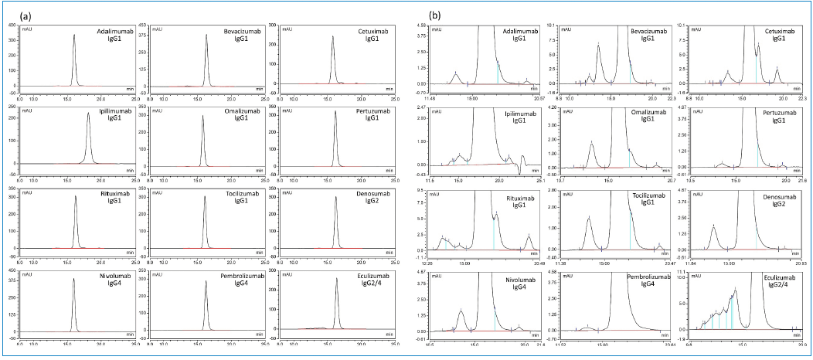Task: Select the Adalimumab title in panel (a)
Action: (x=114, y=31)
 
